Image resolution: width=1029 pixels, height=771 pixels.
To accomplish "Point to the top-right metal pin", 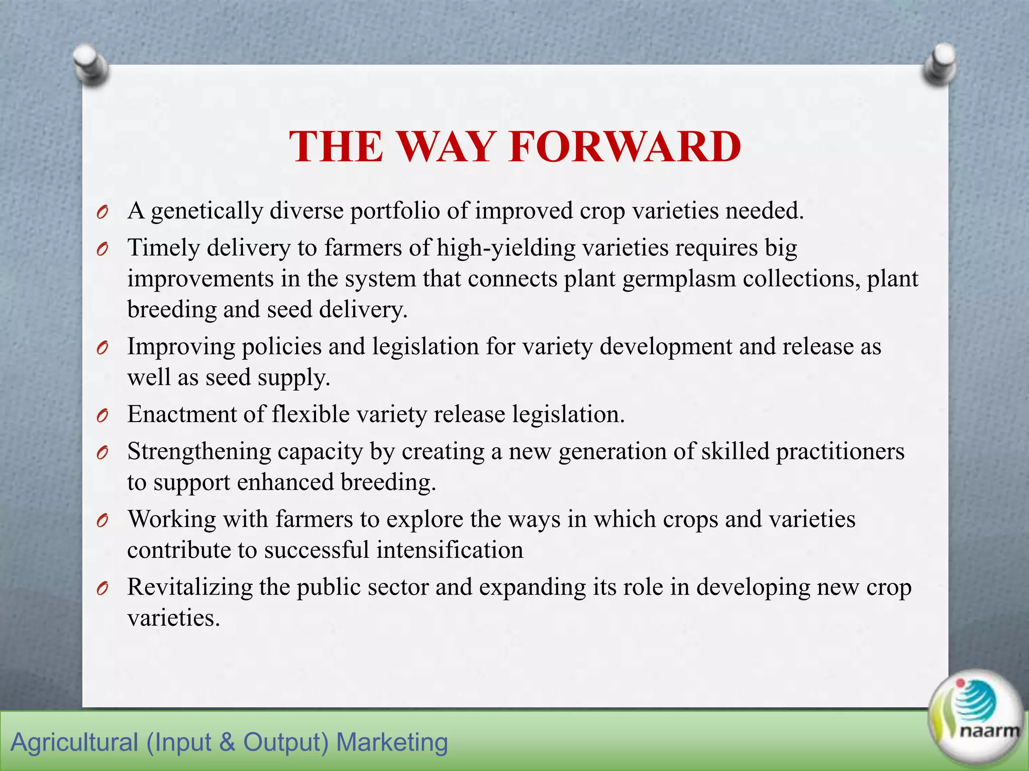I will [x=940, y=64].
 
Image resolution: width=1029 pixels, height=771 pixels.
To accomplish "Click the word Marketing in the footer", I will [x=391, y=742].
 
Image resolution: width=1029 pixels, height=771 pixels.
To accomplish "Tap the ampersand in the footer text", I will [x=227, y=742].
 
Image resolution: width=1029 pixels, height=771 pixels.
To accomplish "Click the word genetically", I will [x=207, y=211].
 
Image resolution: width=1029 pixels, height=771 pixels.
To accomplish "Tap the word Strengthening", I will [x=199, y=452].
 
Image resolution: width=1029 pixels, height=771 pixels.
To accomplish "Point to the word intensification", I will [x=450, y=550].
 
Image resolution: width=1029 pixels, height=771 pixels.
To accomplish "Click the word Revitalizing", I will [x=189, y=587].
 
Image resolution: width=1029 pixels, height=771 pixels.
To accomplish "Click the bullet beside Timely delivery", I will [x=102, y=249].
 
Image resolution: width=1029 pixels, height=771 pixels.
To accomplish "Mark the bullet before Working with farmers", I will [x=102, y=521].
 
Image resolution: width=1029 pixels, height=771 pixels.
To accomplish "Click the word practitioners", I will [x=840, y=452].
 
